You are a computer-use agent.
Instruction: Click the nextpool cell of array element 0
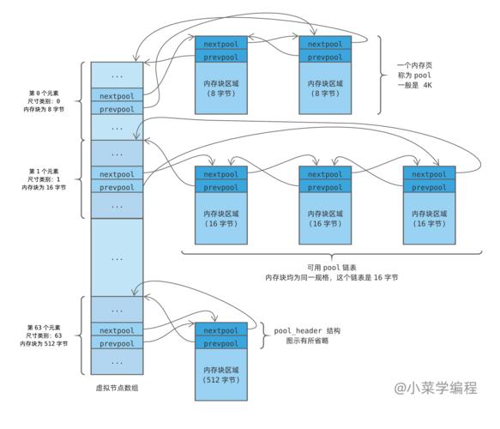tap(117, 97)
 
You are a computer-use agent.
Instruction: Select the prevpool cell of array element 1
tap(117, 187)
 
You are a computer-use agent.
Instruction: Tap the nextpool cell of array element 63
tap(117, 330)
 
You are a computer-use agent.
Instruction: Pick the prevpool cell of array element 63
tap(117, 344)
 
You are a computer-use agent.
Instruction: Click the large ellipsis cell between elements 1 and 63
tap(117, 257)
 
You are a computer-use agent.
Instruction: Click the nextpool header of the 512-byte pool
tap(221, 330)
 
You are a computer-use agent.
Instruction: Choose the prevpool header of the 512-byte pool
tap(221, 343)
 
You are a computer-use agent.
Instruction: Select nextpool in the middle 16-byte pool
tap(325, 173)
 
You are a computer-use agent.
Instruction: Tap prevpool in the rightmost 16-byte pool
tap(429, 187)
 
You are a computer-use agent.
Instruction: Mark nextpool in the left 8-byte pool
tap(221, 44)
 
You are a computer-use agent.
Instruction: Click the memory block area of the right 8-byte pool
tap(325, 88)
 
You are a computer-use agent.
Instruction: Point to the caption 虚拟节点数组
tap(117, 388)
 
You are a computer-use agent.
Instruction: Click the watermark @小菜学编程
tap(436, 388)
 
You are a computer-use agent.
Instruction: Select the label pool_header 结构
tap(304, 330)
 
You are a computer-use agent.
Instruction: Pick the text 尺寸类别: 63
tap(45, 335)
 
